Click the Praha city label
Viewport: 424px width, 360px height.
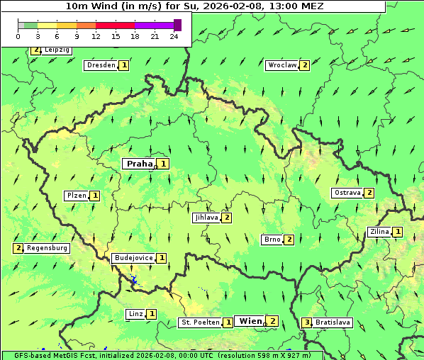click(139, 164)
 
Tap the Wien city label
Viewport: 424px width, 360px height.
click(250, 321)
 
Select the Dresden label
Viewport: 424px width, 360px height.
click(100, 65)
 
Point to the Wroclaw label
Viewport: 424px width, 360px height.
click(281, 65)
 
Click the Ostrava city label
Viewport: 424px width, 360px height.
click(347, 193)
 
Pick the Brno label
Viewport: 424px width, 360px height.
click(272, 240)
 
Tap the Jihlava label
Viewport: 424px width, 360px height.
click(206, 218)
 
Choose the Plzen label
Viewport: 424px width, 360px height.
click(76, 196)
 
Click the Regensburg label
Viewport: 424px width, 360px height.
click(47, 248)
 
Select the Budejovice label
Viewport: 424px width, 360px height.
click(133, 258)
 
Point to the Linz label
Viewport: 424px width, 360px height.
click(135, 314)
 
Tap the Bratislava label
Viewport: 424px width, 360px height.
click(333, 322)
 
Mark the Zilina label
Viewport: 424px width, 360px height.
click(379, 232)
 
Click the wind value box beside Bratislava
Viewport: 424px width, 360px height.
click(306, 322)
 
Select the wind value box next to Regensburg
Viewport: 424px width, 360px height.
click(18, 248)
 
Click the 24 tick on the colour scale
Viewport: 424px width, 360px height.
click(174, 36)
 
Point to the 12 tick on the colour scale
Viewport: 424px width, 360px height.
click(96, 36)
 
